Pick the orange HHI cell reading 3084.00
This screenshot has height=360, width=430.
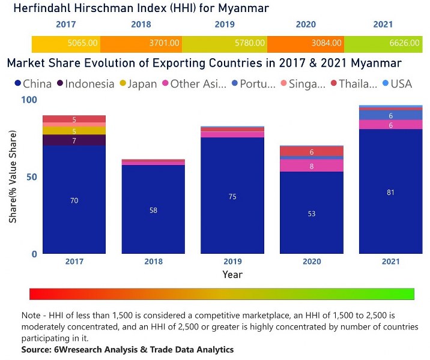pyautogui.click(x=327, y=43)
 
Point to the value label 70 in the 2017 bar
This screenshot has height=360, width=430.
pyautogui.click(x=74, y=200)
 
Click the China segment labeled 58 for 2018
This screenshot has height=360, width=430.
pyautogui.click(x=153, y=211)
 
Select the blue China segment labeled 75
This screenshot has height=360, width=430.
pyautogui.click(x=232, y=197)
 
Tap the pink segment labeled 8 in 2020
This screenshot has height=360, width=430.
pyautogui.click(x=312, y=166)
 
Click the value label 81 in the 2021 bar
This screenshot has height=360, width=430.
pyautogui.click(x=390, y=192)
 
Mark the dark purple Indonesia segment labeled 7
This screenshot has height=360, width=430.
pyautogui.click(x=74, y=140)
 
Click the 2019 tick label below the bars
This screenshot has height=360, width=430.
pyautogui.click(x=232, y=262)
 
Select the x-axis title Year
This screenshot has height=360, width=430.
pyautogui.click(x=232, y=274)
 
